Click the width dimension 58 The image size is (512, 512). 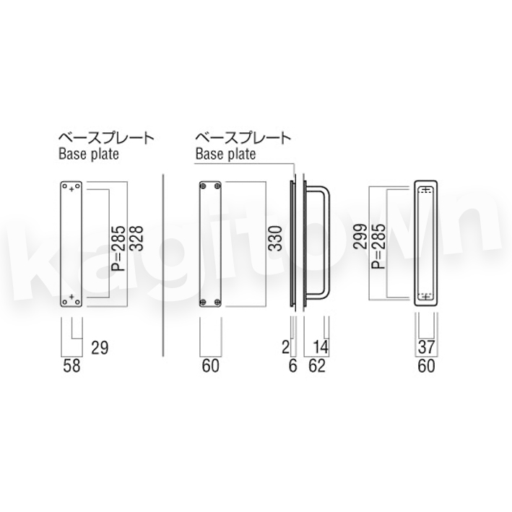(71, 365)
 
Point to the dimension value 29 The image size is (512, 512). (100, 348)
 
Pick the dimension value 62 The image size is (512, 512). (317, 365)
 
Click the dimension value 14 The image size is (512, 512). (321, 347)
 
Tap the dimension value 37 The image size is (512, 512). (427, 347)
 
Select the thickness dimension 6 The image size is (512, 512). (293, 365)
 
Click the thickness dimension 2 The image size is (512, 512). (286, 347)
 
